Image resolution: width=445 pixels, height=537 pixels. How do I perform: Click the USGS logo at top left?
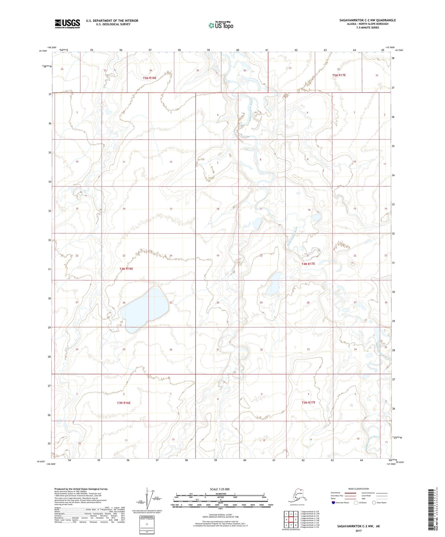tap(67, 24)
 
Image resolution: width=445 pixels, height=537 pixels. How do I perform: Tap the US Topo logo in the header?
tap(220, 25)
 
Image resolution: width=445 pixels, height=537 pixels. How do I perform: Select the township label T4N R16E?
tap(126, 268)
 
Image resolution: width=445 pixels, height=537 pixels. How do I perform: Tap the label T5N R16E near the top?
tap(149, 78)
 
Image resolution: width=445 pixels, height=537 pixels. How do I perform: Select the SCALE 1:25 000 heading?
tap(220, 489)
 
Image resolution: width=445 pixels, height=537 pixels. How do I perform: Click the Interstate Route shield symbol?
tap(334, 503)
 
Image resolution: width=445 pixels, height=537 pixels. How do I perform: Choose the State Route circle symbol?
tap(374, 503)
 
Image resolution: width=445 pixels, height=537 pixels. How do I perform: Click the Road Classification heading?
tap(358, 489)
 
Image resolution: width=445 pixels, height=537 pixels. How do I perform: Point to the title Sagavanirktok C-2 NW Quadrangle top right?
tap(367, 20)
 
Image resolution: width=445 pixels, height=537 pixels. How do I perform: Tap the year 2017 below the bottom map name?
tap(358, 531)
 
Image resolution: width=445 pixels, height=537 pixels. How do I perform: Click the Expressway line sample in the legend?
tap(349, 493)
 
